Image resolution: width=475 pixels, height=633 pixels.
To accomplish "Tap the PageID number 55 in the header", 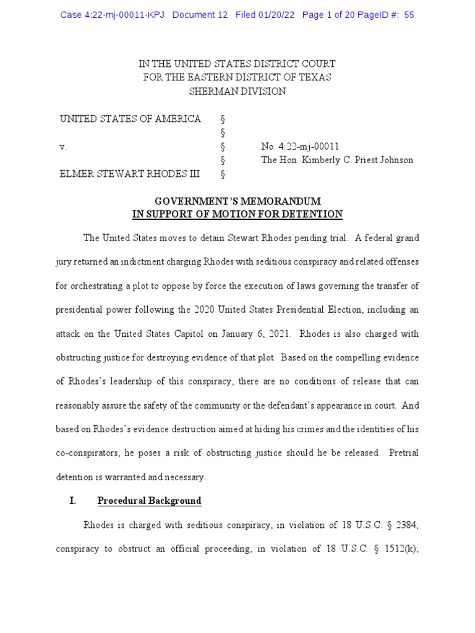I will click(409, 15).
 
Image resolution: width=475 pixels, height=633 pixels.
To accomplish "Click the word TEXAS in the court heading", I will click(315, 77).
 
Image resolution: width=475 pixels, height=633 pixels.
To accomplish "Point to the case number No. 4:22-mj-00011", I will click(300, 147).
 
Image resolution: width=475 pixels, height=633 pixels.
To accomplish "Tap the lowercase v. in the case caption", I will click(63, 147).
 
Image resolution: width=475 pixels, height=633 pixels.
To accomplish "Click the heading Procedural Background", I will click(150, 501).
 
